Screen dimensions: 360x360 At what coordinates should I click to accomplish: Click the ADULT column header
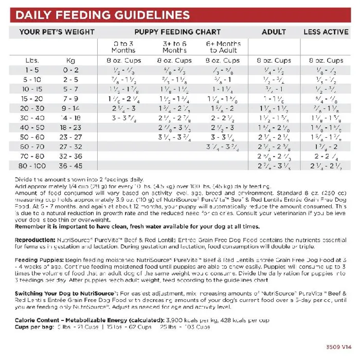tap(274, 32)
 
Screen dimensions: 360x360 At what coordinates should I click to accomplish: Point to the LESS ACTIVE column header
tap(326, 32)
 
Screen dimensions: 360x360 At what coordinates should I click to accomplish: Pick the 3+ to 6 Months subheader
tap(175, 47)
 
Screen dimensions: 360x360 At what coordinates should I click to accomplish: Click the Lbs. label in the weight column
tap(32, 61)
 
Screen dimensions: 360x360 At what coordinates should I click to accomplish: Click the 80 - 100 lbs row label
tap(32, 166)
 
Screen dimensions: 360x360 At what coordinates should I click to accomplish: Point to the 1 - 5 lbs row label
tap(32, 69)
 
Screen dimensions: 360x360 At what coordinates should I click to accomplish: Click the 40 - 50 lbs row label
tap(32, 127)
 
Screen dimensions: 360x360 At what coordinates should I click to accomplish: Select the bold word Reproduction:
tap(35, 240)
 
